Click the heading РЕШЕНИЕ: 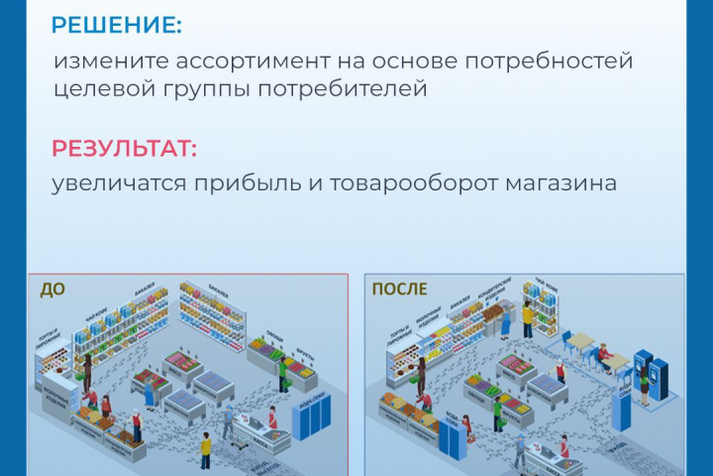pyautogui.click(x=117, y=25)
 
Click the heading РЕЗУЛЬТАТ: pyautogui.click(x=125, y=149)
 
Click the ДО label pyautogui.click(x=53, y=291)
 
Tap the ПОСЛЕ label pyautogui.click(x=399, y=290)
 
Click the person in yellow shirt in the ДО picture pyautogui.click(x=206, y=449)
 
